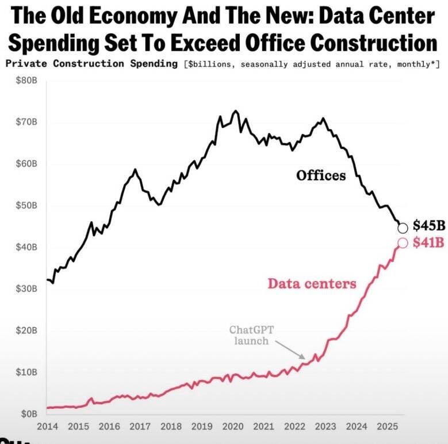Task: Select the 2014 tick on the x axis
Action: [47, 427]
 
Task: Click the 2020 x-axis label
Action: [232, 427]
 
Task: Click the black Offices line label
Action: [321, 175]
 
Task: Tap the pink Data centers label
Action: [312, 283]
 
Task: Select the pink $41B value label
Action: [428, 242]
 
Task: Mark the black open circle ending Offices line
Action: [403, 228]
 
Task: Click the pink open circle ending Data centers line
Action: [403, 243]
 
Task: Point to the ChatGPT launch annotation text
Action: [251, 335]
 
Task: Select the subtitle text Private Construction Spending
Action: [91, 63]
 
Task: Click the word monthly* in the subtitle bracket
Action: [419, 63]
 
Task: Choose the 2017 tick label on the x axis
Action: [140, 427]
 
